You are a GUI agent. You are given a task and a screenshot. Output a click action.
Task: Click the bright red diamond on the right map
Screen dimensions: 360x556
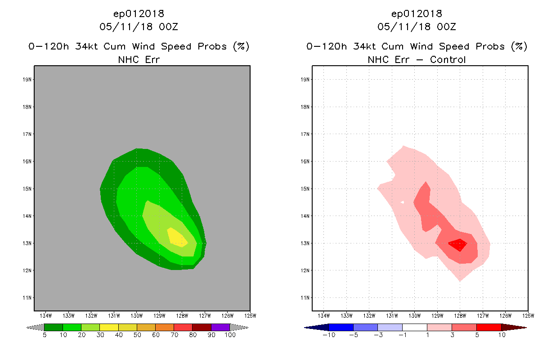coord(458,244)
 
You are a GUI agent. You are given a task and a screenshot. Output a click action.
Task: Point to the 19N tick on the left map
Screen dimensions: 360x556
coord(28,80)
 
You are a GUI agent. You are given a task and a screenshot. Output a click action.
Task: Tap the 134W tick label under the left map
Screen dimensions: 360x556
coord(45,315)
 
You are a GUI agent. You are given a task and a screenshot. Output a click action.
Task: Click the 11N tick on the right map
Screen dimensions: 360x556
coord(306,297)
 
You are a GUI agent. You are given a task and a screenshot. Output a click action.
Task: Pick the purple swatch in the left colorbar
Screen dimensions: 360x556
coord(220,327)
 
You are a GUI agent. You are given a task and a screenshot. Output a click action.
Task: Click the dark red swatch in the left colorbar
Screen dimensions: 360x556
coord(202,327)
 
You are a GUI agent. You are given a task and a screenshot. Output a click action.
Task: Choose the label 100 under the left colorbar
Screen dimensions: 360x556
coord(230,335)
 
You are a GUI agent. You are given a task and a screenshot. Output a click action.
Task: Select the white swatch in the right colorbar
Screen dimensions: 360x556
coord(414,327)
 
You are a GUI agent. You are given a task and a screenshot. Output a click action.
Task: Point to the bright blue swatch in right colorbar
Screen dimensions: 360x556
coord(341,327)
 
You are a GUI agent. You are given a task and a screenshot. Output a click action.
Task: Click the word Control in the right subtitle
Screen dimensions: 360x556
coord(448,59)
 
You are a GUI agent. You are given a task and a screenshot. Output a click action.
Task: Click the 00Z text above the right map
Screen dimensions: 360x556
coord(446,27)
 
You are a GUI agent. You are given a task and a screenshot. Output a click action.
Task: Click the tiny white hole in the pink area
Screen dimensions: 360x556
coord(402,202)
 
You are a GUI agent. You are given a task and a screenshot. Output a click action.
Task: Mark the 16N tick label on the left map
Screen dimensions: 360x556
coord(28,161)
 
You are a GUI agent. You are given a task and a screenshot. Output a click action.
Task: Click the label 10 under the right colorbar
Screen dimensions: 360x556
coord(501,335)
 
